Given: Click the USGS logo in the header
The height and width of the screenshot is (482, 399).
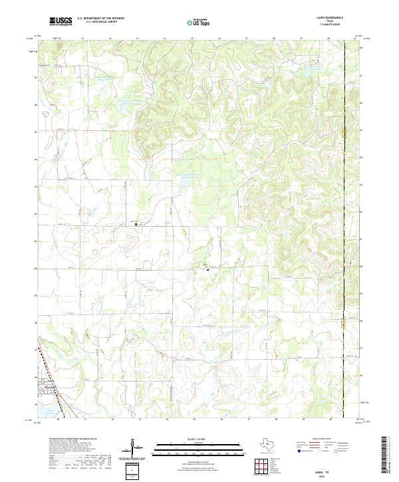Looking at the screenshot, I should (61, 21).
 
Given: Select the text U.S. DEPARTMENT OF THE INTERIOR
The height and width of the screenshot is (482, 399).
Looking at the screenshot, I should (100, 18).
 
